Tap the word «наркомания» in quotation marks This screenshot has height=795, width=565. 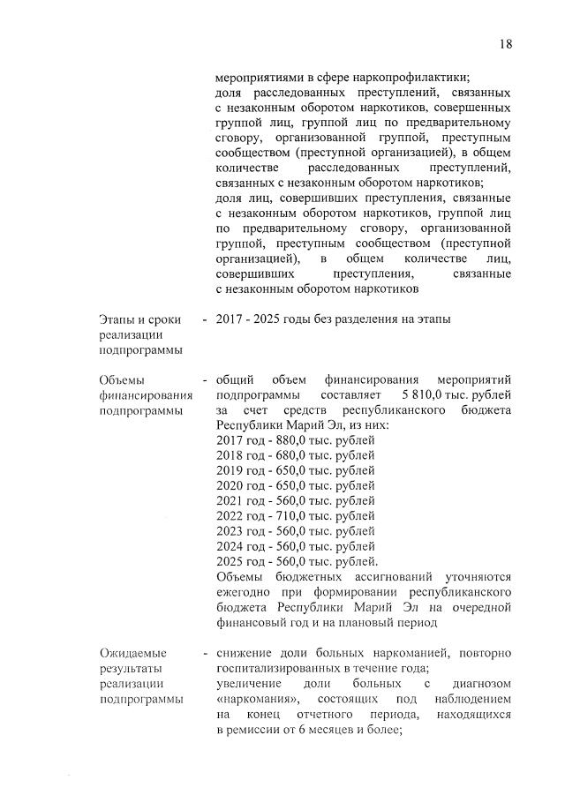coord(253,696)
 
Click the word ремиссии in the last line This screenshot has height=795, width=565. coord(256,728)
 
